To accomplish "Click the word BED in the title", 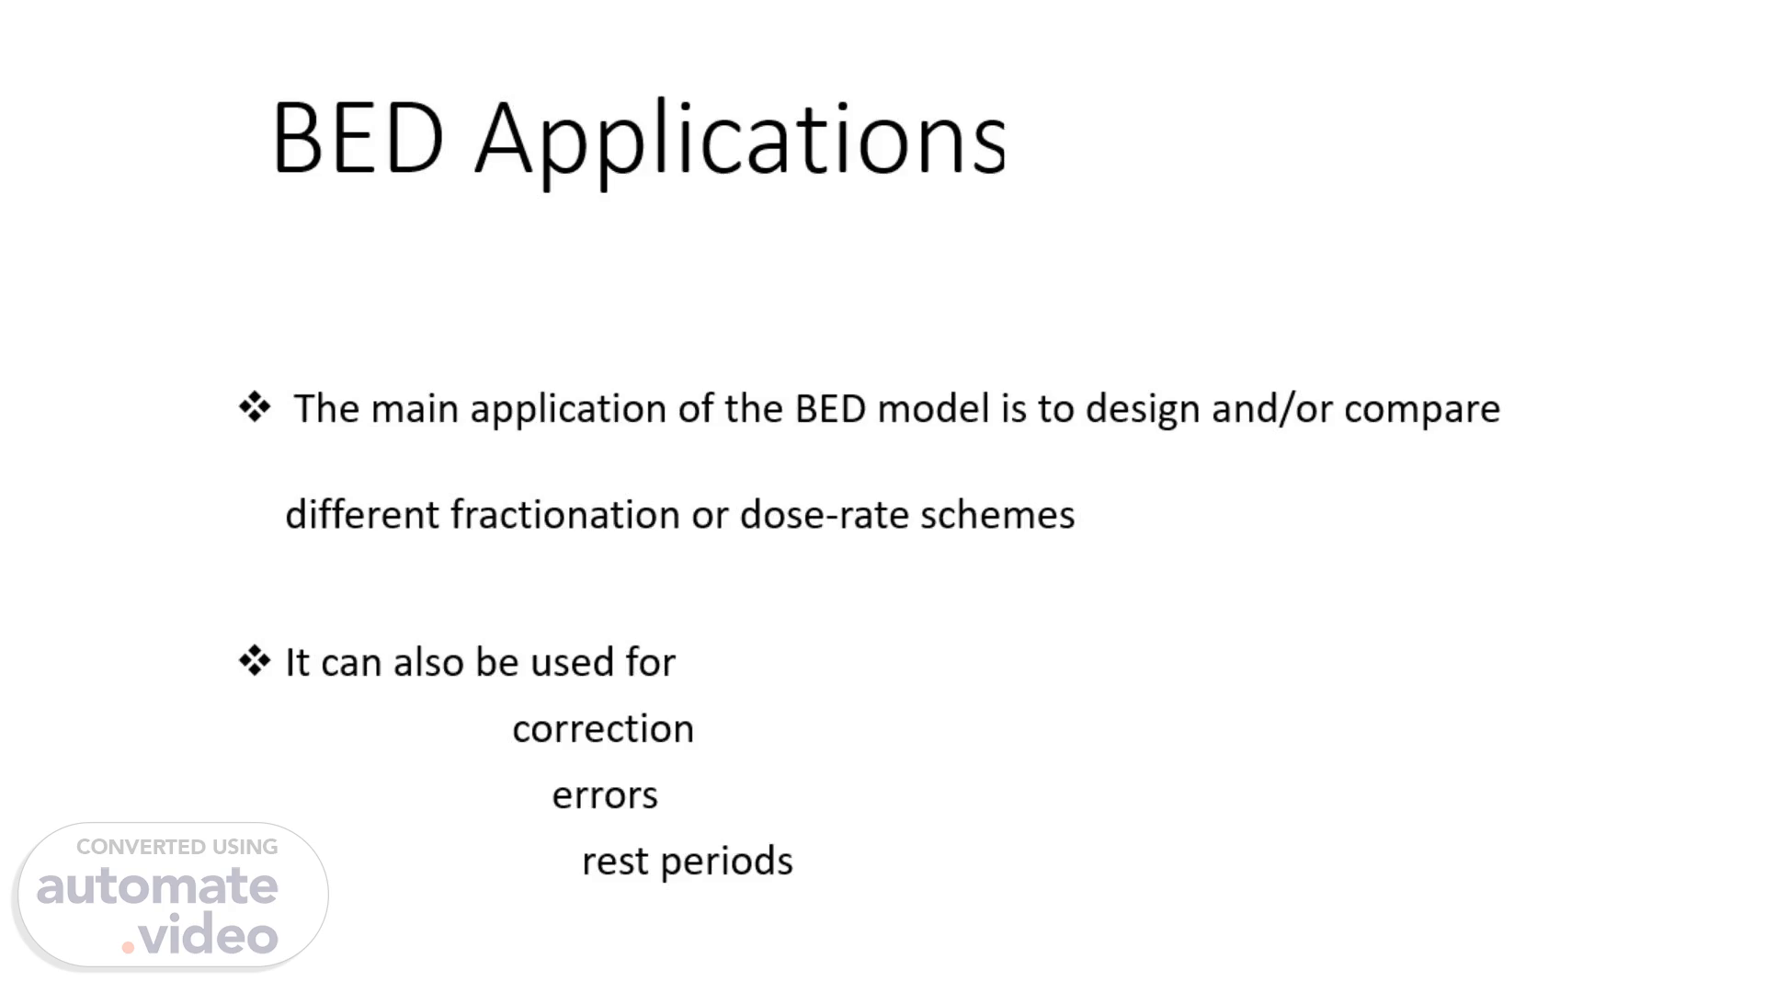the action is (x=359, y=139).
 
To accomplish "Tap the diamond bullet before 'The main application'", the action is (x=255, y=407).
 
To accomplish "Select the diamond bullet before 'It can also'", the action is (x=255, y=661).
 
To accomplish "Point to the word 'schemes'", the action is (x=997, y=515).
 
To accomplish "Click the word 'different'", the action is (x=362, y=515).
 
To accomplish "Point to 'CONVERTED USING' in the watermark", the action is (x=176, y=847).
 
